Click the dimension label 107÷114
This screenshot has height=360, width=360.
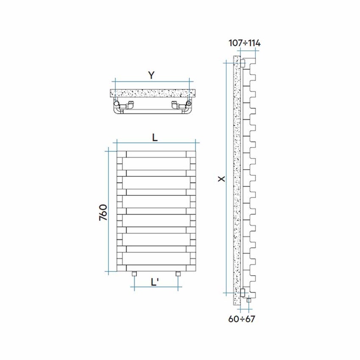click(244, 43)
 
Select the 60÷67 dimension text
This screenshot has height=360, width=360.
click(242, 319)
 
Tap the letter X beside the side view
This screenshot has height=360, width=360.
click(221, 179)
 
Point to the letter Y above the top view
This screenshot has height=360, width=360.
click(151, 75)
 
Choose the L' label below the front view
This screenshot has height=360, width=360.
click(155, 282)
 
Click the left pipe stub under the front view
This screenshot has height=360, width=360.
click(134, 274)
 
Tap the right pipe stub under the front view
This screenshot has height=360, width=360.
click(178, 274)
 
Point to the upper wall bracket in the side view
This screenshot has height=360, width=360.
click(243, 63)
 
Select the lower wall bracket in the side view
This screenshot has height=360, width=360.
click(243, 292)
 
